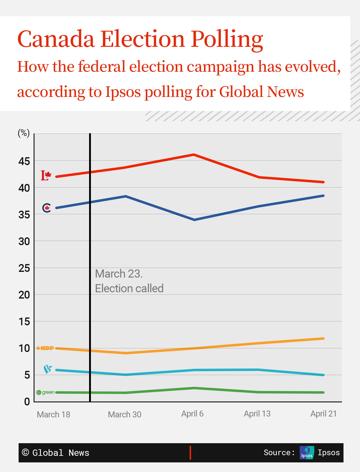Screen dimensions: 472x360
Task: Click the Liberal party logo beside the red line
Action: point(46,176)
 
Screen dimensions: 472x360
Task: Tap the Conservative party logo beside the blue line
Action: point(46,208)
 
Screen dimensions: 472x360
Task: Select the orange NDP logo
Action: point(45,348)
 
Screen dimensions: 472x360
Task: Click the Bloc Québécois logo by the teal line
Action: point(47,369)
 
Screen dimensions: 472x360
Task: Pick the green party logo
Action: point(45,392)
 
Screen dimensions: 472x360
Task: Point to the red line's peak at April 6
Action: point(194,155)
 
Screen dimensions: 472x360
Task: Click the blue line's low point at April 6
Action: point(194,220)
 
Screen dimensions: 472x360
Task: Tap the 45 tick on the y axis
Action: point(24,161)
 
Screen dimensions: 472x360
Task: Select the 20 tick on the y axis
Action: point(24,295)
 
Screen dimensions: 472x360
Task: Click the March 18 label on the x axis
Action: point(53,414)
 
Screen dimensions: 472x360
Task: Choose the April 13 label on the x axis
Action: point(257,414)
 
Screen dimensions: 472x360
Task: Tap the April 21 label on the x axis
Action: point(323,414)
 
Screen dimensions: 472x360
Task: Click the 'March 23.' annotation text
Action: point(119,274)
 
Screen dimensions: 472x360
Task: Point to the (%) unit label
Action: point(24,133)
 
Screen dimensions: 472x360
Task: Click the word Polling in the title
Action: point(227,39)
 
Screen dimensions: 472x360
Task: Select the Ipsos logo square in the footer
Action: point(307,452)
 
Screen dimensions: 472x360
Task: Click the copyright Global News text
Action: point(56,452)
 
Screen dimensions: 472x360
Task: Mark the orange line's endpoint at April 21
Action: point(323,338)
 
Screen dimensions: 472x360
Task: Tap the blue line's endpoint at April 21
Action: point(323,196)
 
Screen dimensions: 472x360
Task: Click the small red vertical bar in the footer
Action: point(190,452)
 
